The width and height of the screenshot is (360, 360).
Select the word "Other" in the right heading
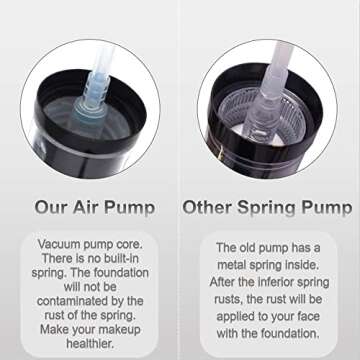pyautogui.click(x=207, y=208)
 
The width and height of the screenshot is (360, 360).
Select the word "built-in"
pyautogui.click(x=114, y=259)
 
